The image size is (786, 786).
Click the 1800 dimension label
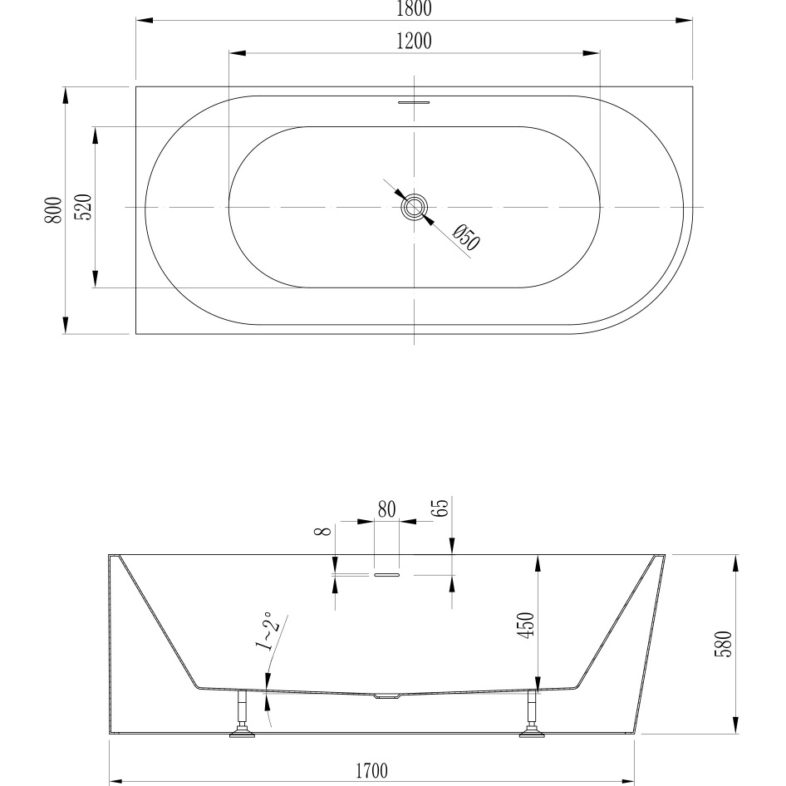coord(413,8)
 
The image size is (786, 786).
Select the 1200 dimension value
coord(413,42)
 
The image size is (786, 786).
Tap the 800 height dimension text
coord(53,209)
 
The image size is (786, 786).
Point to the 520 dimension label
coord(82,208)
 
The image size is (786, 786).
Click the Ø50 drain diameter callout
coord(467,238)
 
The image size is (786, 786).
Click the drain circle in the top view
coord(414,206)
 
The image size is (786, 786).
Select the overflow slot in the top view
coord(414,103)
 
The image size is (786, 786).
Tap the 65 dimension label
coord(442,508)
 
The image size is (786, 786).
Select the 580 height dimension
coord(723,644)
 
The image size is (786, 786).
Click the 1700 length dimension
coord(372,771)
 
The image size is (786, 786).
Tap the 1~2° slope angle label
coord(266,634)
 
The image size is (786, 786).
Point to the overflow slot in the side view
coord(387,573)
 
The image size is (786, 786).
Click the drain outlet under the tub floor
coord(387,696)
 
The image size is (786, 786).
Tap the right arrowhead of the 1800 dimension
coord(684,20)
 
